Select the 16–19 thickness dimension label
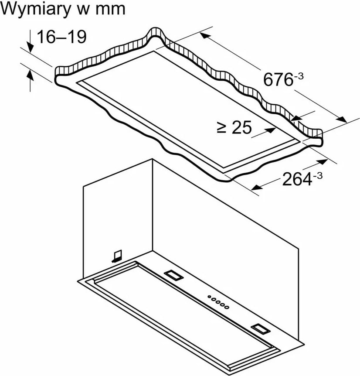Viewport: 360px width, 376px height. [62, 37]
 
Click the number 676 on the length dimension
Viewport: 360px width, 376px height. [278, 79]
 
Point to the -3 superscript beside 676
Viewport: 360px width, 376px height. [299, 76]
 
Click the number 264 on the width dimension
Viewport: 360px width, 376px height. [297, 179]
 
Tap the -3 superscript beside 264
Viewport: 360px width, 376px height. [318, 176]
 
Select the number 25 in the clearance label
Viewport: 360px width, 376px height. [242, 127]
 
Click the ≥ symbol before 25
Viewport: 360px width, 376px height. [221, 127]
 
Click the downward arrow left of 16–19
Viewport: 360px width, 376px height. [30, 41]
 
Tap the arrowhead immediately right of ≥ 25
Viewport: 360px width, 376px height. [270, 130]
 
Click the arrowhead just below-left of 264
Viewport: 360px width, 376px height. [257, 187]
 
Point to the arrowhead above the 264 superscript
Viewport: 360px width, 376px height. [322, 162]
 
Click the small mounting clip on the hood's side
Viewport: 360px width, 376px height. [117, 256]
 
